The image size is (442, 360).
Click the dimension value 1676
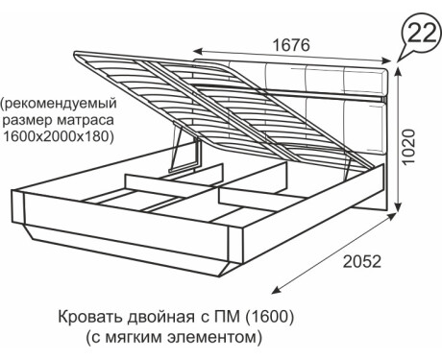291,45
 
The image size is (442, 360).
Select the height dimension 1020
409,147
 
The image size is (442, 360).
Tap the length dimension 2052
362,261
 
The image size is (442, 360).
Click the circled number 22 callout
422,33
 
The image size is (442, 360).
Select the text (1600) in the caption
269,317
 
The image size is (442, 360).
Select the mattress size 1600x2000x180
59,136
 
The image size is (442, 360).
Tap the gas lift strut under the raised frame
177,146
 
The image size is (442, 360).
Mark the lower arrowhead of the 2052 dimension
276,290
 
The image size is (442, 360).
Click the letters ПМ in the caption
226,317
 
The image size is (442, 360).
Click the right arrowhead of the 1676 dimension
386,61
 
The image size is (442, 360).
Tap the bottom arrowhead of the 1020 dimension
398,206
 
